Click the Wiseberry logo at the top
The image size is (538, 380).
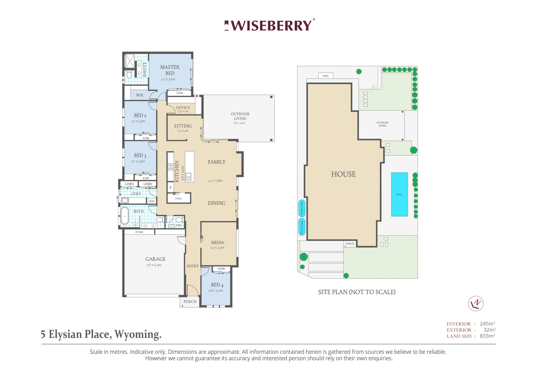coord(269,25)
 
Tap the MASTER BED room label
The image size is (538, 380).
coord(170,70)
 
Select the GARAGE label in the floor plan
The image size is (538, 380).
coord(155,259)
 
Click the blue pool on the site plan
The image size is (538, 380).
coord(399,194)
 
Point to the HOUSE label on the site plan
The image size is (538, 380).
coord(343,174)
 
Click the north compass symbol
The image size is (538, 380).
coord(476,303)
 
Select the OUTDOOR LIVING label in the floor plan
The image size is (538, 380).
coord(240,116)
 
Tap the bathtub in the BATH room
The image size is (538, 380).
coord(125,215)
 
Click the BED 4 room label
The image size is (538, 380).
coord(217,285)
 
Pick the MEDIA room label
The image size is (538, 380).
coord(217,242)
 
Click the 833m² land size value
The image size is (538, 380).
coord(487,336)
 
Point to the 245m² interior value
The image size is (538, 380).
coord(487,324)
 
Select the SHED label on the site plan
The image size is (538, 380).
coord(326,76)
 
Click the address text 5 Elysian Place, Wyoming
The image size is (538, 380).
coord(101,334)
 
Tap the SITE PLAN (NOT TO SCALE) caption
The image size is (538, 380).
coord(357,292)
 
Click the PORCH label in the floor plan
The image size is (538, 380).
coord(190,302)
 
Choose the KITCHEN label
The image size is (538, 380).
coord(177,171)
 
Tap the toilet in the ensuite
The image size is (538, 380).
coord(129,75)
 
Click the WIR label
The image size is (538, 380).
coord(140,95)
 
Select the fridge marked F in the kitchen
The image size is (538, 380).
coord(170,188)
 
